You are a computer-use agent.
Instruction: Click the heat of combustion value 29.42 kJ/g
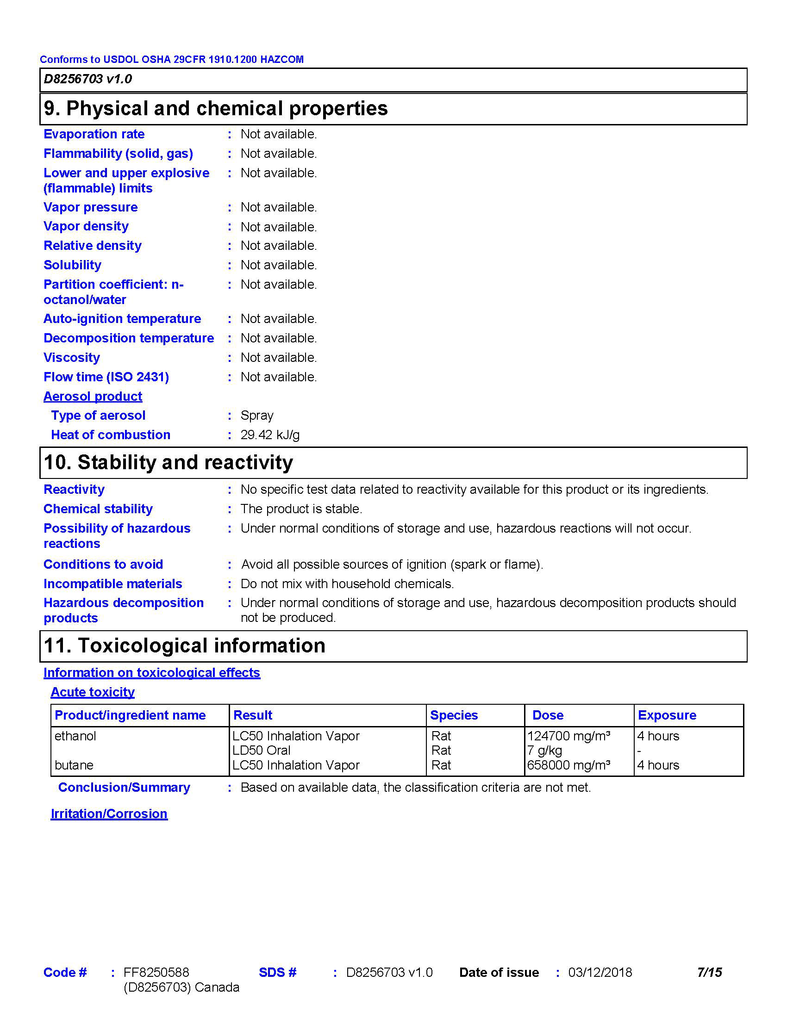[270, 435]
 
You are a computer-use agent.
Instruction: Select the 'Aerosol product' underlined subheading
[93, 396]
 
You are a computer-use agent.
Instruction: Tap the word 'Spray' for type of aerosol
[257, 416]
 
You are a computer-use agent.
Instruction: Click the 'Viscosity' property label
[72, 358]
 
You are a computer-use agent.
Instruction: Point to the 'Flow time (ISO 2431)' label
[106, 377]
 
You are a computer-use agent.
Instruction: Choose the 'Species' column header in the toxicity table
[454, 715]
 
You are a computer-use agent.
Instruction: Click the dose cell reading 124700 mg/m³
[569, 736]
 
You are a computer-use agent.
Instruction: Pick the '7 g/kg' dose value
[544, 751]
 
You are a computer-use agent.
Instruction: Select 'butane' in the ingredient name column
[74, 765]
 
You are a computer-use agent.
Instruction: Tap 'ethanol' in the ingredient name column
[75, 736]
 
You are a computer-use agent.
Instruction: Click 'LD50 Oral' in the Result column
[262, 751]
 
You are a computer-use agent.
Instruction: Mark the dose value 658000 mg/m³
[569, 765]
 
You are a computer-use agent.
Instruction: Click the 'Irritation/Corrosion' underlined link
[109, 813]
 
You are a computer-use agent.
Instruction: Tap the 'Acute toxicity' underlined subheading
[93, 692]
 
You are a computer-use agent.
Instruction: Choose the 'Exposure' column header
[667, 715]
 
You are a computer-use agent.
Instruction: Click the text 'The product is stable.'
[301, 509]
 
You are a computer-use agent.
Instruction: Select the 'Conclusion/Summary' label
[124, 787]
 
